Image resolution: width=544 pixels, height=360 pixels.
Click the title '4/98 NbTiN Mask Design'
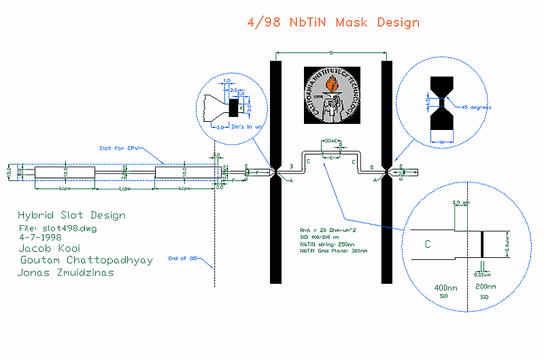pyautogui.click(x=333, y=22)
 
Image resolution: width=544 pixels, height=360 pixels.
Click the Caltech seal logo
pyautogui.click(x=330, y=95)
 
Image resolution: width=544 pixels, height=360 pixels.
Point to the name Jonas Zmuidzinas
pyautogui.click(x=66, y=273)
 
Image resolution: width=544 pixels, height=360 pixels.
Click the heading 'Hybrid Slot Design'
pyautogui.click(x=71, y=216)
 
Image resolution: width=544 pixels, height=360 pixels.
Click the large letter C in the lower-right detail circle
pyautogui.click(x=428, y=244)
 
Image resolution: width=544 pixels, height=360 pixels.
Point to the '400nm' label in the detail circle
pyautogui.click(x=443, y=288)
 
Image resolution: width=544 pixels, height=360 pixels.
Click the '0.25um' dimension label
pyautogui.click(x=483, y=274)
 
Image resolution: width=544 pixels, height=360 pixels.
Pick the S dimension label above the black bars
pyautogui.click(x=330, y=52)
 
